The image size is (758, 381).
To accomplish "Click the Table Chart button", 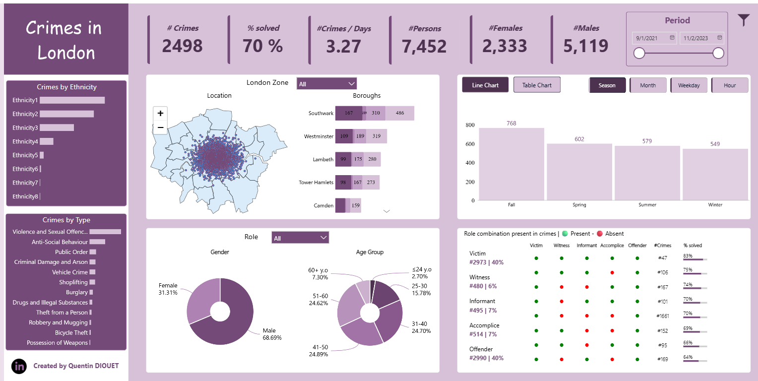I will click(537, 85).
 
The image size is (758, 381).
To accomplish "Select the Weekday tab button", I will click(689, 85).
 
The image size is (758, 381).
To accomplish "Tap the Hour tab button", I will click(730, 85).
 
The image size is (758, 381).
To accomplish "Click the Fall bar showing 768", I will click(511, 164).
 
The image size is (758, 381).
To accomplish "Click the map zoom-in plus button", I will click(160, 114).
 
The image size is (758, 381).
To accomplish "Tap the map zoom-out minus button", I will click(160, 127).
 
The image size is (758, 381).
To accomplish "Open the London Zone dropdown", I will click(326, 84).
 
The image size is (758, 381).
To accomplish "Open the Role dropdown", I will click(300, 238).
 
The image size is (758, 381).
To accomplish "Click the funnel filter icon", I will click(743, 20).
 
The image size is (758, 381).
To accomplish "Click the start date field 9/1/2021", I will click(654, 38).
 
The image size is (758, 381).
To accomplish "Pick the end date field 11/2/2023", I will click(701, 38).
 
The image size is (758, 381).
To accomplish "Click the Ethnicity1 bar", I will click(72, 100).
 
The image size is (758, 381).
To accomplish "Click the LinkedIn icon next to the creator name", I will click(19, 366).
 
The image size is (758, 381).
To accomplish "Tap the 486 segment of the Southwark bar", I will click(400, 113).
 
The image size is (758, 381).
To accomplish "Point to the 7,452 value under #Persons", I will click(424, 46).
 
